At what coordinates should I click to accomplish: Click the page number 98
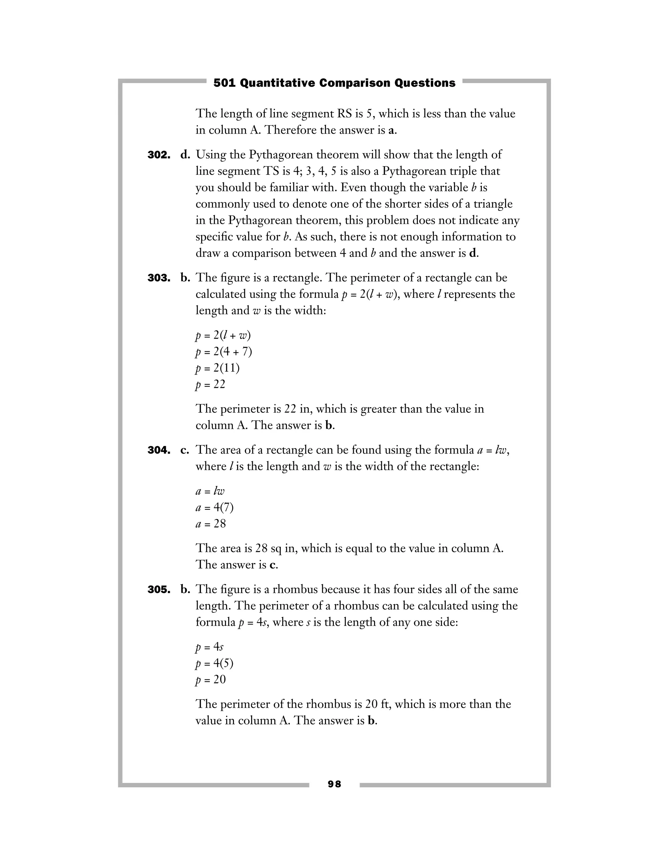tap(334, 784)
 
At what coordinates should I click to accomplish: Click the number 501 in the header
tap(224, 83)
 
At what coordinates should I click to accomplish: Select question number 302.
tap(159, 155)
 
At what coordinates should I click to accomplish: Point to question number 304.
tap(159, 450)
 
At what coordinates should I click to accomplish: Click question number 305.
tap(159, 590)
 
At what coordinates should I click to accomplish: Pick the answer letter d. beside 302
tap(185, 155)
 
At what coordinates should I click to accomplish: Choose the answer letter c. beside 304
tap(185, 450)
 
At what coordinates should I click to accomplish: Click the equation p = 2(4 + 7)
tap(223, 352)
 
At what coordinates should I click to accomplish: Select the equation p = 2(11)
tap(218, 368)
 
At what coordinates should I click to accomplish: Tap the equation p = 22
tap(210, 385)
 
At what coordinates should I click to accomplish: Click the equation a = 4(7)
tap(214, 508)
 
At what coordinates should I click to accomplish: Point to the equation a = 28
tap(211, 524)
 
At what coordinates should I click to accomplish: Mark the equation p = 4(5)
tap(214, 663)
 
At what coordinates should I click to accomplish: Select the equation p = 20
tap(210, 680)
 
